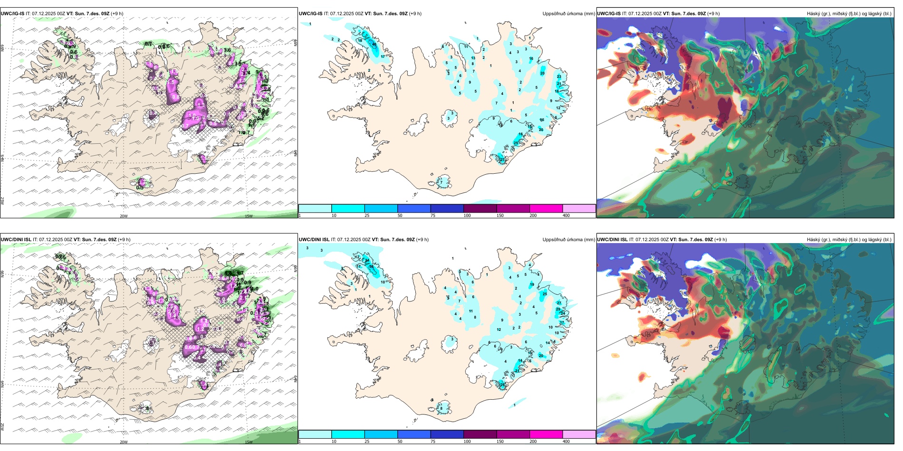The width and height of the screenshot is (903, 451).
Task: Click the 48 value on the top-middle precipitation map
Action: click(374, 45)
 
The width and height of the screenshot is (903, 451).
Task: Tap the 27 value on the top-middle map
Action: click(502, 160)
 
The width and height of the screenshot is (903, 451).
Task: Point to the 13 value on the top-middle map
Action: click(473, 58)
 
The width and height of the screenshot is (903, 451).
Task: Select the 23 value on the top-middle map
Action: click(559, 76)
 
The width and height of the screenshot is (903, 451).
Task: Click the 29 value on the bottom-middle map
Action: click(558, 309)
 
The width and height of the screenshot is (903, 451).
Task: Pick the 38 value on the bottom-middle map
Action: click(371, 267)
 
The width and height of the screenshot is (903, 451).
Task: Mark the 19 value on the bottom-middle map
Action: click(532, 285)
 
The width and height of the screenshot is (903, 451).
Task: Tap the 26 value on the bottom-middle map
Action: click(502, 385)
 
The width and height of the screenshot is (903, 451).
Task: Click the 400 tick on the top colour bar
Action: click(566, 216)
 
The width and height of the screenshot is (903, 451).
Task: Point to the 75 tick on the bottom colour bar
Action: click(433, 442)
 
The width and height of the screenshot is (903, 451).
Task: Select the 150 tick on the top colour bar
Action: click(500, 216)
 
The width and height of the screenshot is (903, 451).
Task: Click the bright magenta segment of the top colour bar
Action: click(546, 208)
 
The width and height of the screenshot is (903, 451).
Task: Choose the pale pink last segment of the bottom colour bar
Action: click(579, 434)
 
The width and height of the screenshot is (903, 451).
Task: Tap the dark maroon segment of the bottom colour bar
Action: click(480, 434)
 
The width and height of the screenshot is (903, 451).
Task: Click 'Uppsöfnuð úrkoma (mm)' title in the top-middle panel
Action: click(568, 14)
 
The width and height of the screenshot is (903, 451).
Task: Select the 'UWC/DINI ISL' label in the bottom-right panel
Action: click(612, 240)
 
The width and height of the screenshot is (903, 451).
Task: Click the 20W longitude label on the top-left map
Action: click(124, 216)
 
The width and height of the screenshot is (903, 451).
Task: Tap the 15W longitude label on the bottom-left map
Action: click(249, 442)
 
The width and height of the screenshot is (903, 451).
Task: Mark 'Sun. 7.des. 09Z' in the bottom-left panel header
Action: click(99, 240)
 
